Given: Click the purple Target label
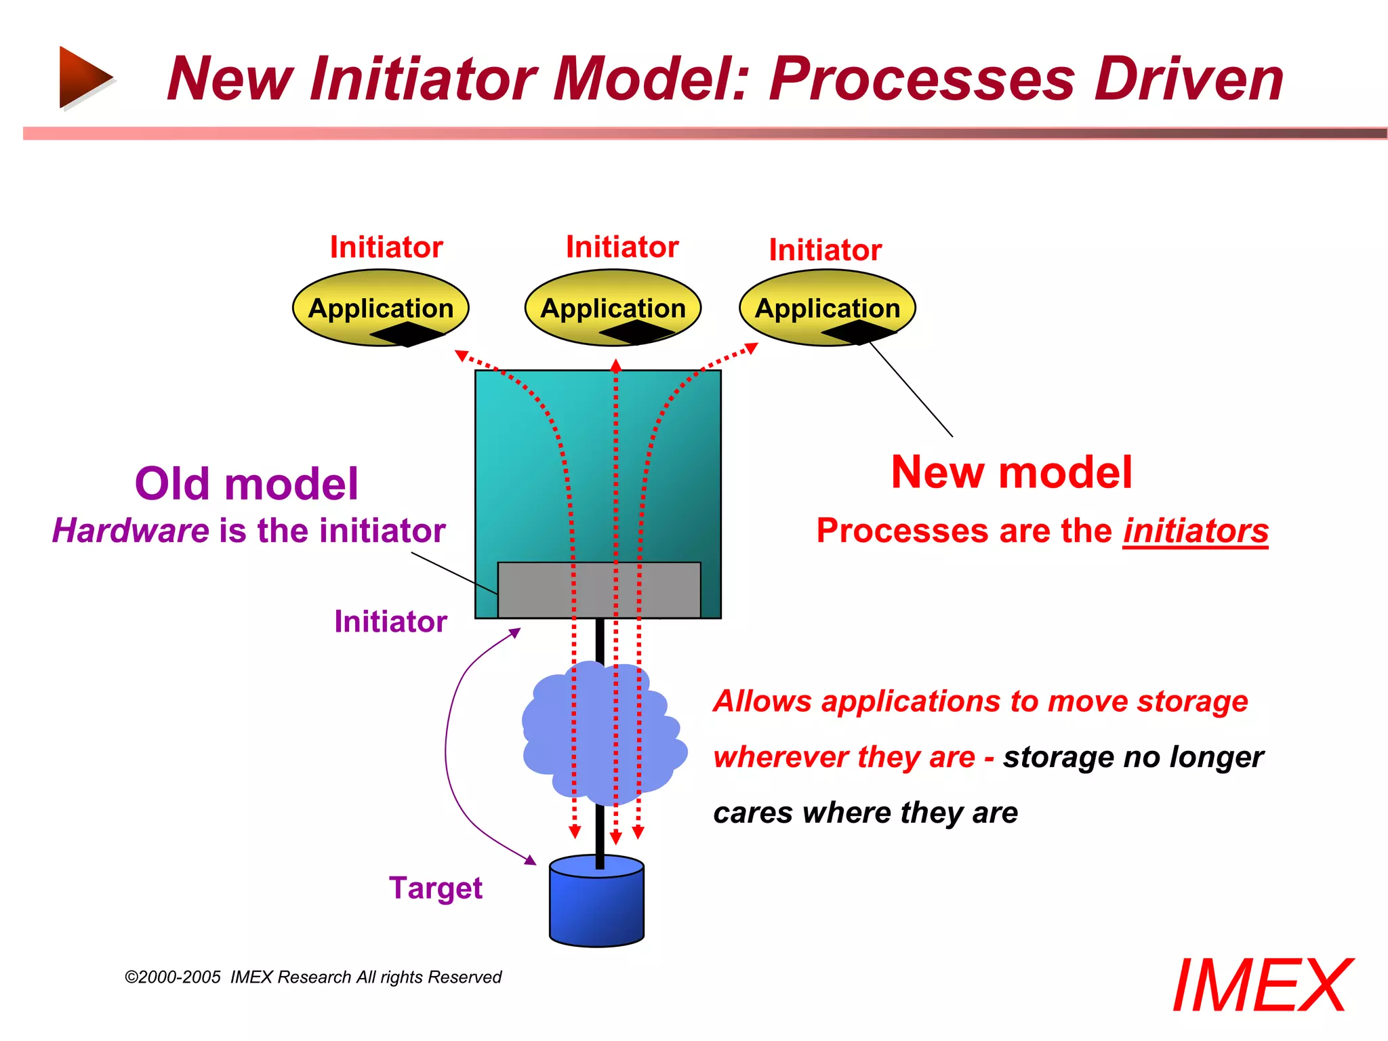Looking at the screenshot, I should (435, 888).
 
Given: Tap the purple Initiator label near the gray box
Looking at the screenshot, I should (390, 621).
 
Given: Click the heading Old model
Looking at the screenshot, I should (246, 484).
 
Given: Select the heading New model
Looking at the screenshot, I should (1011, 472).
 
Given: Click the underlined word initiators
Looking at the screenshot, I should (1195, 531).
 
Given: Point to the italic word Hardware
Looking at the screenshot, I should (131, 531).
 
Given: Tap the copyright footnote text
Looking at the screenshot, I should (313, 977).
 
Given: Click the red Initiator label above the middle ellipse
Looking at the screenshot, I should (622, 247).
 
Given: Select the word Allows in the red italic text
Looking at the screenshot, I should (762, 701).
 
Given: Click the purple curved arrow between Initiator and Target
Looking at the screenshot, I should (447, 746).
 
